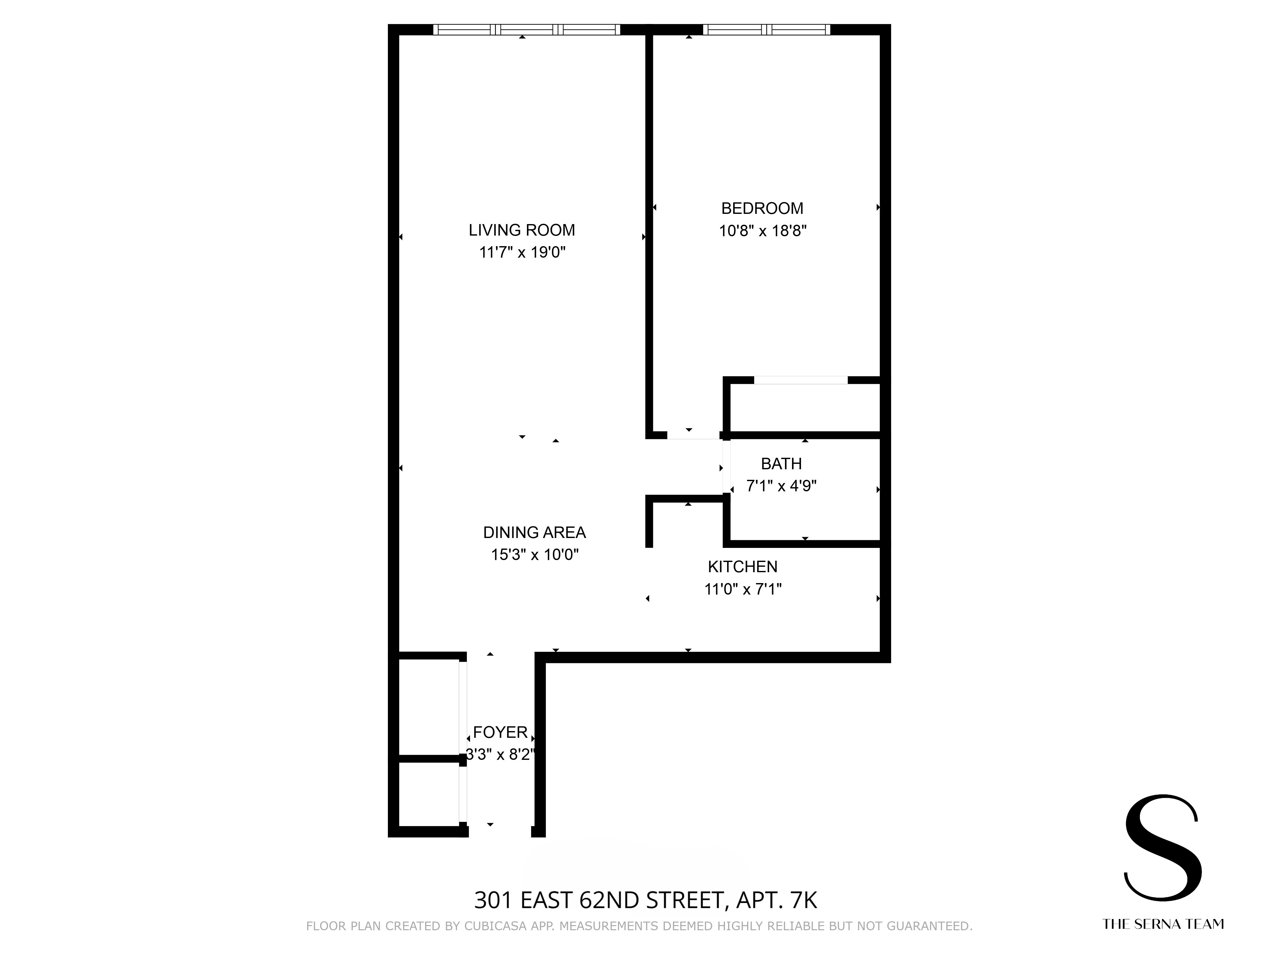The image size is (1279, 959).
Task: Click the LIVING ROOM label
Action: (522, 230)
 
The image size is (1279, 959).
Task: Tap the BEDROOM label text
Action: (762, 208)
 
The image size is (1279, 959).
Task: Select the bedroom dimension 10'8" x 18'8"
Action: (762, 231)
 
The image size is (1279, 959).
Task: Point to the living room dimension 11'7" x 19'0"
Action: (522, 253)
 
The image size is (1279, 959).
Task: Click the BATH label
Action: (781, 464)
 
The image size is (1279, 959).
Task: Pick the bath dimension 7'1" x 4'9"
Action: (781, 486)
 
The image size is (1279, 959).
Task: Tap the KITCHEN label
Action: (742, 566)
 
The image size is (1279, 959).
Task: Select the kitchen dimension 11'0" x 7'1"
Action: (742, 589)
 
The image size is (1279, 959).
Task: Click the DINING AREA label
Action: (534, 532)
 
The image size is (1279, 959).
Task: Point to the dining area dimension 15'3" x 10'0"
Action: (534, 555)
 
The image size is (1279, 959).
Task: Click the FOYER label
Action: (500, 732)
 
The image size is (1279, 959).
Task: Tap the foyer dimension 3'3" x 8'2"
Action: (500, 755)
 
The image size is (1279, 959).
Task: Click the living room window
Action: (526, 29)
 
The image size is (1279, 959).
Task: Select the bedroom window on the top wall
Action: (766, 29)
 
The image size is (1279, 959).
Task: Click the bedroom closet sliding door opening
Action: (801, 380)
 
